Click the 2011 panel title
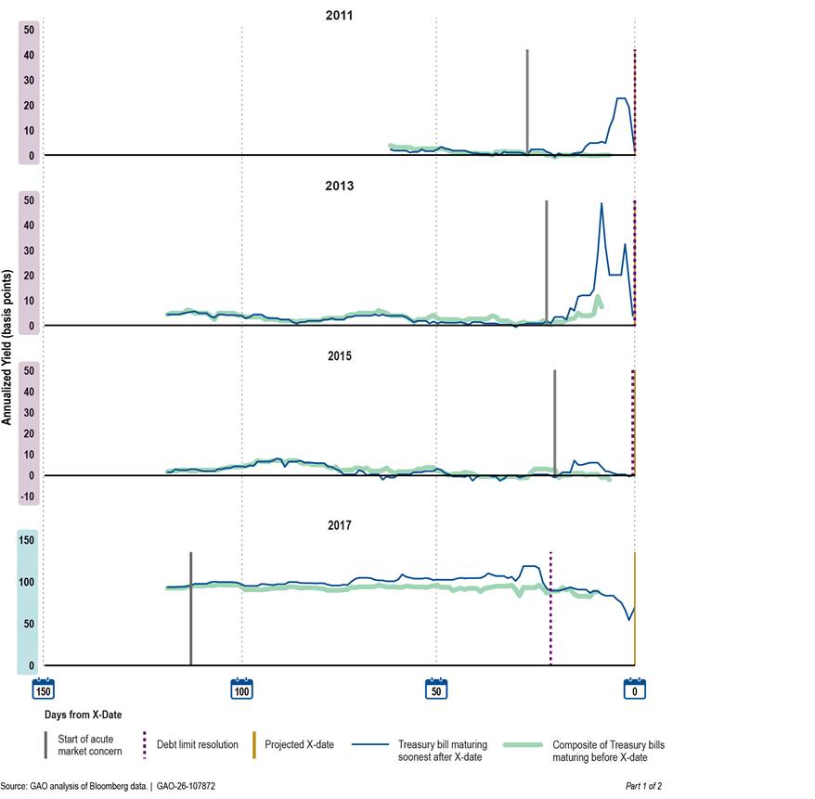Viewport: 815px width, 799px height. point(339,16)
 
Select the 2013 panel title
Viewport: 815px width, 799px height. point(339,186)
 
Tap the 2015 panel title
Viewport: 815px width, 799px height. point(339,355)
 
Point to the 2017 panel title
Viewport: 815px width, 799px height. point(339,525)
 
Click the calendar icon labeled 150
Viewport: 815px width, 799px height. point(43,689)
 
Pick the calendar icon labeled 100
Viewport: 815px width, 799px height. point(241,689)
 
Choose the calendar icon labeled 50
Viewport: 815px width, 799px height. point(436,689)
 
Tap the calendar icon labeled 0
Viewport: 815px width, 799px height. point(635,689)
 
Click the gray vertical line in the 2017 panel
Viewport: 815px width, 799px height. point(190,603)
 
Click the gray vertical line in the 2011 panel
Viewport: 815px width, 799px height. point(527,102)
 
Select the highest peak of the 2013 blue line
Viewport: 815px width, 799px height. point(602,203)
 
